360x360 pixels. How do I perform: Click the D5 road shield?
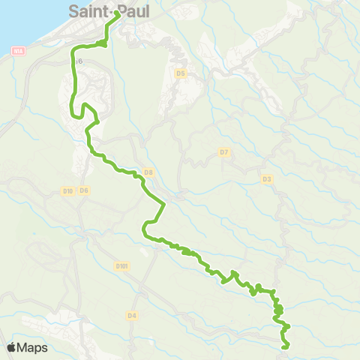pyautogui.click(x=180, y=73)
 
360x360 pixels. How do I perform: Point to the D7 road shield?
pyautogui.click(x=223, y=152)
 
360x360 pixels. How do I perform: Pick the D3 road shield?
pyautogui.click(x=266, y=178)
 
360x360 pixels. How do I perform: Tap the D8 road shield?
pyautogui.click(x=148, y=172)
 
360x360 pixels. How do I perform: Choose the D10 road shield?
pyautogui.click(x=67, y=191)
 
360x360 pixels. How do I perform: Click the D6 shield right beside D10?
pyautogui.click(x=84, y=191)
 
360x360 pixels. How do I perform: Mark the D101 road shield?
pyautogui.click(x=123, y=265)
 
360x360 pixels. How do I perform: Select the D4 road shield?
pyautogui.click(x=132, y=316)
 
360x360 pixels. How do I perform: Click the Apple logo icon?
pyautogui.click(x=12, y=347)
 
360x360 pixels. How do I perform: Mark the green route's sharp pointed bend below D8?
pyautogui.click(x=163, y=204)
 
